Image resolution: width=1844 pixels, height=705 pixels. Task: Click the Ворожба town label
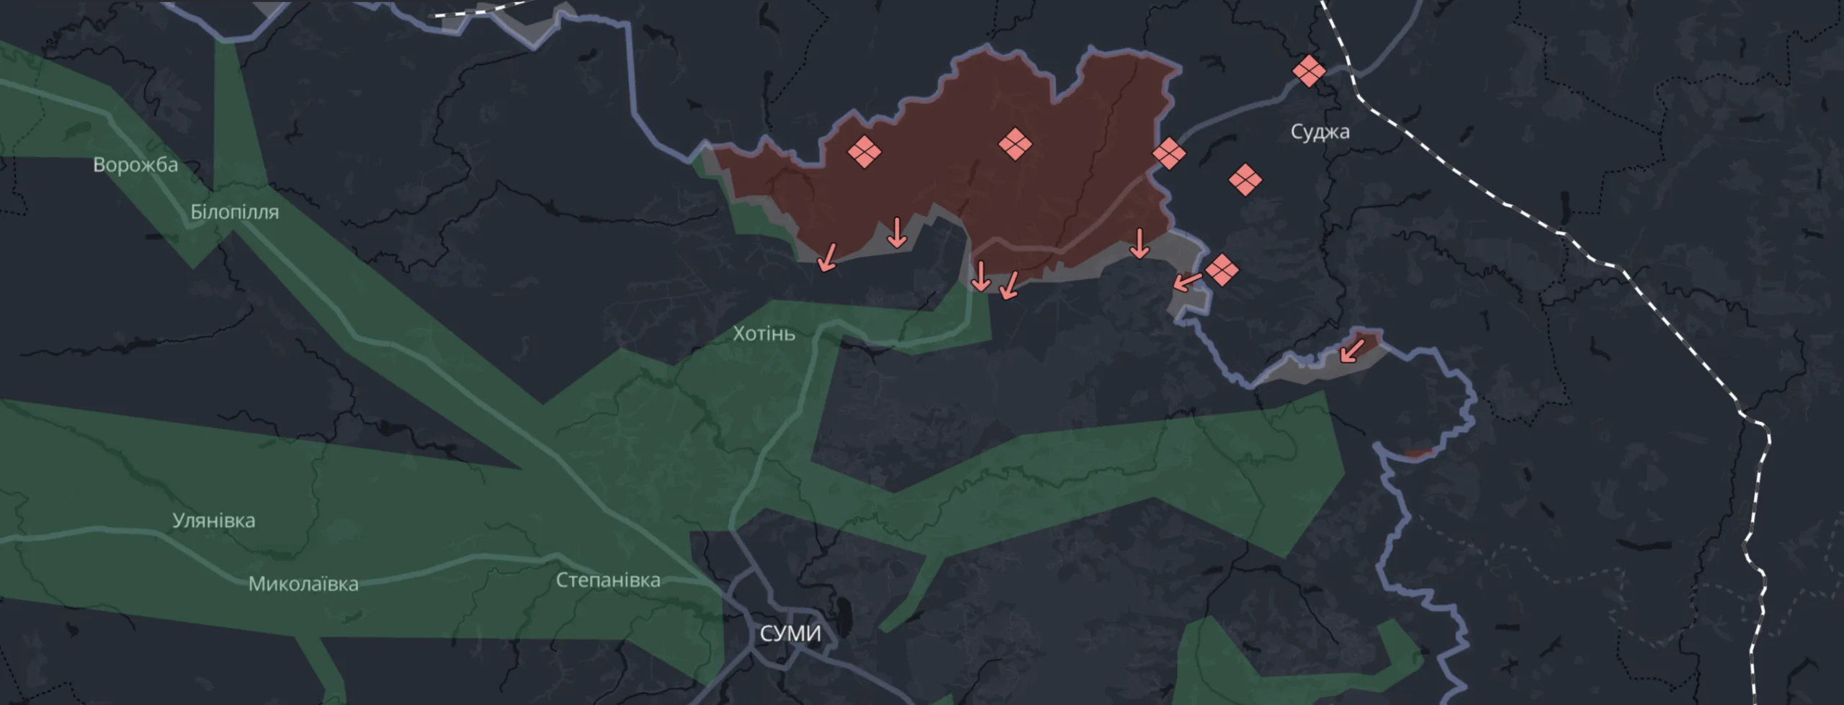pos(135,165)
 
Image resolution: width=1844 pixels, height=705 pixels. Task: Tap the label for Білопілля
pos(234,212)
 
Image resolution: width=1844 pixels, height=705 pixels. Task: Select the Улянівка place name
pos(213,521)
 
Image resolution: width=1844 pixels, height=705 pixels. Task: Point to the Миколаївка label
pos(303,584)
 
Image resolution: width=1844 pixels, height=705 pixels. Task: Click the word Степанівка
pos(608,580)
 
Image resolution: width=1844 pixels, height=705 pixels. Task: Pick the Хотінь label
pos(764,333)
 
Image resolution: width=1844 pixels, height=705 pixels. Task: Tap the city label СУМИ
pos(790,634)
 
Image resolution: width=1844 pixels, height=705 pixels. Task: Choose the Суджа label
pos(1320,132)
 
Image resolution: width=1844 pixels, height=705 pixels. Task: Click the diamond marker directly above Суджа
pos(1308,71)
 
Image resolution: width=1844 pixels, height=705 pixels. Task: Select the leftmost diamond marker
pos(864,152)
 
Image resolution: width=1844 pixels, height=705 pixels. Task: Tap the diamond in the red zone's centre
pos(1015,144)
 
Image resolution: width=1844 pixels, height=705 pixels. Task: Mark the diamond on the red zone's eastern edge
pos(1168,153)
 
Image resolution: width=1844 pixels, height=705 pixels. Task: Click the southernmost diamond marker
pos(1222,270)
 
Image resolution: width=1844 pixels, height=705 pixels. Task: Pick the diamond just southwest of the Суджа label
pos(1244,180)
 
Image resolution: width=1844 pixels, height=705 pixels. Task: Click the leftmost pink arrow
pos(828,257)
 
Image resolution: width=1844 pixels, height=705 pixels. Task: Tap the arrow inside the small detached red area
pos(1351,351)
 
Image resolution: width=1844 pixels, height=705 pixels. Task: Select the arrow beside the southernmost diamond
pos(1187,281)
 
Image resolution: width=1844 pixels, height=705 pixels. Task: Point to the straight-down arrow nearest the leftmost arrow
pos(897,233)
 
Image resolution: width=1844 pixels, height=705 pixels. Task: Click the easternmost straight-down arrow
pos(1139,243)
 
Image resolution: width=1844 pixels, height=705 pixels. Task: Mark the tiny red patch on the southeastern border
pos(1418,454)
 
